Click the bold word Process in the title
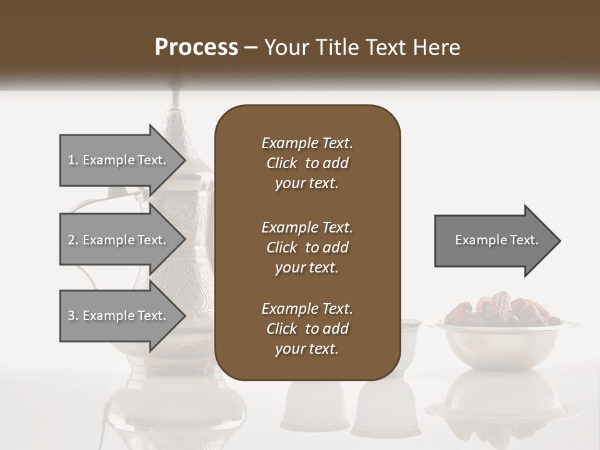click(x=196, y=47)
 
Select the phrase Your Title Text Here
click(x=362, y=47)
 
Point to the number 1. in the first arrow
click(x=73, y=160)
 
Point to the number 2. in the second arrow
click(x=73, y=240)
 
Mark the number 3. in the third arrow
click(x=73, y=316)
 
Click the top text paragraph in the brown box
click(x=307, y=163)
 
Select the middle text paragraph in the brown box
click(x=307, y=247)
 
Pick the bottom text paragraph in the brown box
click(x=307, y=329)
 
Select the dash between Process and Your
click(x=251, y=47)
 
